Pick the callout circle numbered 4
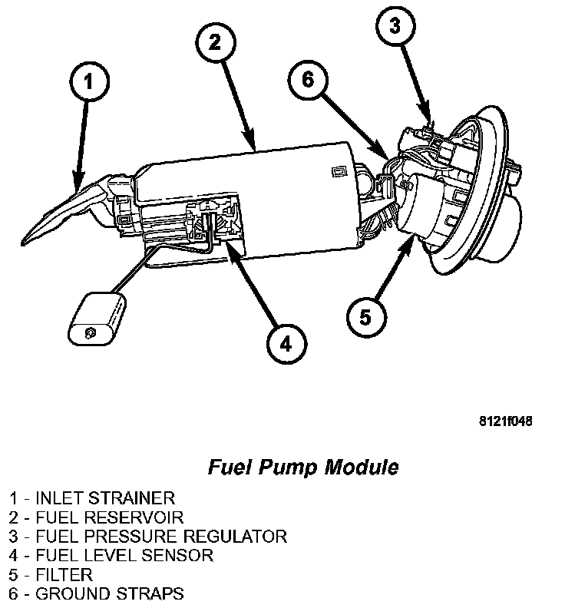[286, 343]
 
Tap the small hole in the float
[90, 332]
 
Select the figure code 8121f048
[505, 421]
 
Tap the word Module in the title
[362, 467]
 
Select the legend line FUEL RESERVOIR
[110, 517]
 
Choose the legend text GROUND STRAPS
[109, 593]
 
